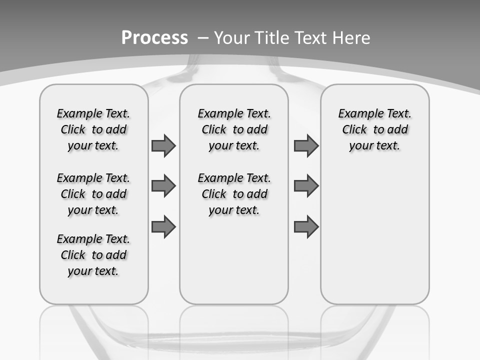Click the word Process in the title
[154, 38]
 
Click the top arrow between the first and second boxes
[163, 145]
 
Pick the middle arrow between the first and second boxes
[163, 186]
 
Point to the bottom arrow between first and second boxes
[163, 227]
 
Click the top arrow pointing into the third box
[306, 145]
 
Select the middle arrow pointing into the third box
[306, 186]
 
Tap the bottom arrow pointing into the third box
[306, 227]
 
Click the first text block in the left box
[93, 129]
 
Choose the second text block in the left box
[93, 194]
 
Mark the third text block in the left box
[93, 255]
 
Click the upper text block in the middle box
[234, 129]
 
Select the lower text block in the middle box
[234, 194]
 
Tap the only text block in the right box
[374, 129]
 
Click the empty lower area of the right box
[374, 235]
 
